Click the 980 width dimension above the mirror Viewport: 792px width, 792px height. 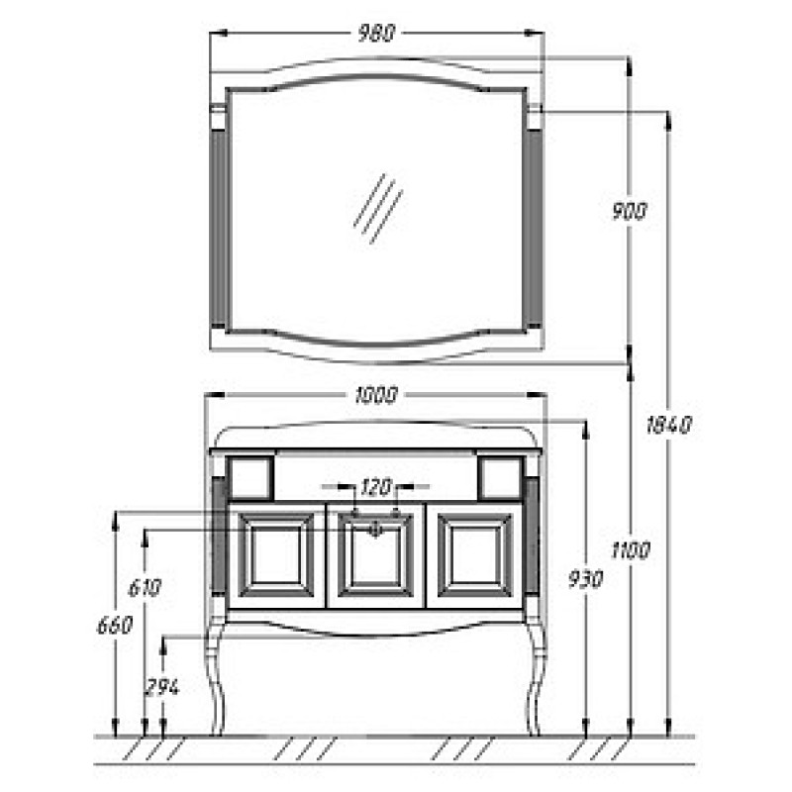click(x=376, y=34)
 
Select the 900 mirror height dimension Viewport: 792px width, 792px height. click(x=630, y=211)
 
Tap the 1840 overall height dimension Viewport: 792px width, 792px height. click(x=669, y=425)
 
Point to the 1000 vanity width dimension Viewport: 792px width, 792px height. click(x=376, y=395)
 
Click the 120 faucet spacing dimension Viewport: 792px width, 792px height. click(x=376, y=487)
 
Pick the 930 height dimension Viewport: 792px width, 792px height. click(x=586, y=579)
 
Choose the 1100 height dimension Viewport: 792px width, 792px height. click(x=630, y=550)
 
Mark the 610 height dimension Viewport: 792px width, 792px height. click(x=145, y=587)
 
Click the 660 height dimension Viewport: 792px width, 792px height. click(x=115, y=626)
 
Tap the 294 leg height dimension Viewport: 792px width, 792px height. click(x=162, y=687)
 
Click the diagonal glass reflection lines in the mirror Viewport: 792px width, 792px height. click(x=378, y=209)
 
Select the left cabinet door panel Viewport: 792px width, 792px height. click(x=276, y=554)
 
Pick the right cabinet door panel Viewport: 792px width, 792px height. click(x=475, y=554)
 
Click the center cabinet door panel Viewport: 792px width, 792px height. click(x=375, y=554)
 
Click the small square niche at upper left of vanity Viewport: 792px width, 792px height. click(x=249, y=478)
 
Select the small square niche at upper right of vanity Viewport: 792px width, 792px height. click(x=500, y=478)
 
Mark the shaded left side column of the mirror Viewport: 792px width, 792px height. click(x=219, y=229)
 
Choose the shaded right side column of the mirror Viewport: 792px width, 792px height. click(x=534, y=229)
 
